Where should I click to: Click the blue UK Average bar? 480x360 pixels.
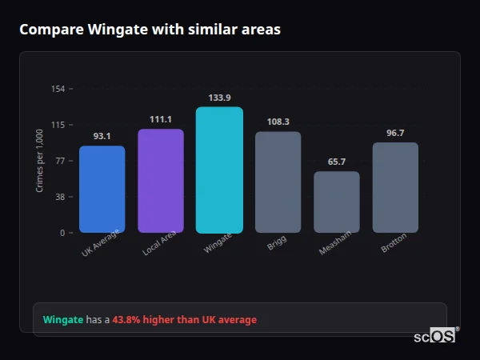(x=102, y=189)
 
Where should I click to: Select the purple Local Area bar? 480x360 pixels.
(x=161, y=181)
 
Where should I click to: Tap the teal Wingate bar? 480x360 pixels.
(x=219, y=170)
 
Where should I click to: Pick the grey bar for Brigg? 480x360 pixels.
(x=278, y=182)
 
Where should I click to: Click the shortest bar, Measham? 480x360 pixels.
(x=337, y=202)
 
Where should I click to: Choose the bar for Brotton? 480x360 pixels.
(x=395, y=187)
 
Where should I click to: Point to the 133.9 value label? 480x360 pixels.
(x=219, y=97)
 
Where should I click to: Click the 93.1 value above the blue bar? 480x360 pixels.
(x=102, y=136)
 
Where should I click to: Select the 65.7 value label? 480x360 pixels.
(x=337, y=162)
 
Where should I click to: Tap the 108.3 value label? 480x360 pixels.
(x=278, y=122)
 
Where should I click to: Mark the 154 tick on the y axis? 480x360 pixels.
(x=58, y=89)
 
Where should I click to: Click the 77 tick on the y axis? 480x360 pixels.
(x=60, y=161)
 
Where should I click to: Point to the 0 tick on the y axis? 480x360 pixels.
(x=62, y=233)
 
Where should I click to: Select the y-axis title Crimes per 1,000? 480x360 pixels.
(x=40, y=160)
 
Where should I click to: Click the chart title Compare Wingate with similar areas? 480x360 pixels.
(x=150, y=30)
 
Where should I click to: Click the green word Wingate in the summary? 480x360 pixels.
(x=63, y=320)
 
